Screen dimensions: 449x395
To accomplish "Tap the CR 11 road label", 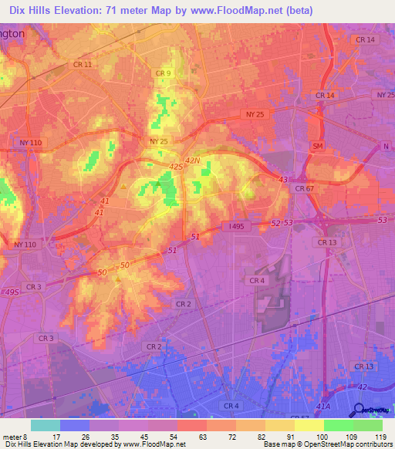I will [x=82, y=65].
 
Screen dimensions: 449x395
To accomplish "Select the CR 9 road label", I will [x=162, y=73].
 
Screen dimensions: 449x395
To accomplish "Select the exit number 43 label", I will [x=282, y=180].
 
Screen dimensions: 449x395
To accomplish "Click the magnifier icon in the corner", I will [x=360, y=410].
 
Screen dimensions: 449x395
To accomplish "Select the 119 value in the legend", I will [x=380, y=437].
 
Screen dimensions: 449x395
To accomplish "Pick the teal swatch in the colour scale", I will [x=46, y=425].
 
